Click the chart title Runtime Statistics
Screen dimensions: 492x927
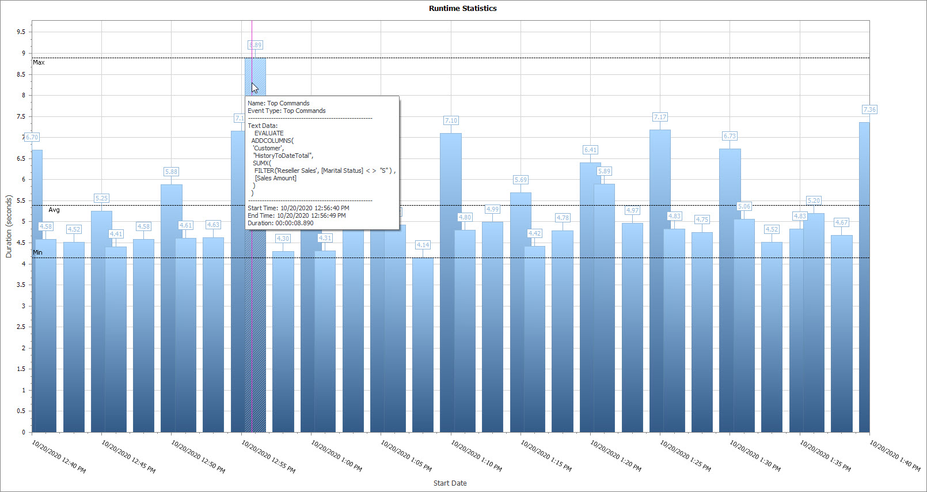tap(462, 8)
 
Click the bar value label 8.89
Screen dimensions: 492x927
tap(255, 45)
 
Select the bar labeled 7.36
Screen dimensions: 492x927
tap(864, 277)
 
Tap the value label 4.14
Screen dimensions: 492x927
tap(423, 245)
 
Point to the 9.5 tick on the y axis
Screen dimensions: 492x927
tap(21, 32)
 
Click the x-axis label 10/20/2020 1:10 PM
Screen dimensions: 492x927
tap(476, 456)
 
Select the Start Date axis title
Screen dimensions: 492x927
tap(450, 483)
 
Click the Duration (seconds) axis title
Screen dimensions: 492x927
tap(9, 226)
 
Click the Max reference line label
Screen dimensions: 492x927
tap(39, 62)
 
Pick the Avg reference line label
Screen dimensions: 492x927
tap(54, 210)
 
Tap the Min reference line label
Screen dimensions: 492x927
tap(37, 252)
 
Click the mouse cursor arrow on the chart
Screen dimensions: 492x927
tap(254, 88)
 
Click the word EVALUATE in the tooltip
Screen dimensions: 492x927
tap(269, 133)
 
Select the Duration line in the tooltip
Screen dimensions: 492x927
tap(280, 223)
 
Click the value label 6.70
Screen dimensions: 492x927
tap(32, 137)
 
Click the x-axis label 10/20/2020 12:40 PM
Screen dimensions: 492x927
tap(59, 457)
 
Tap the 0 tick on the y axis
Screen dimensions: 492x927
tap(24, 432)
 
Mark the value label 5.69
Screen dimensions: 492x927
tap(521, 180)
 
